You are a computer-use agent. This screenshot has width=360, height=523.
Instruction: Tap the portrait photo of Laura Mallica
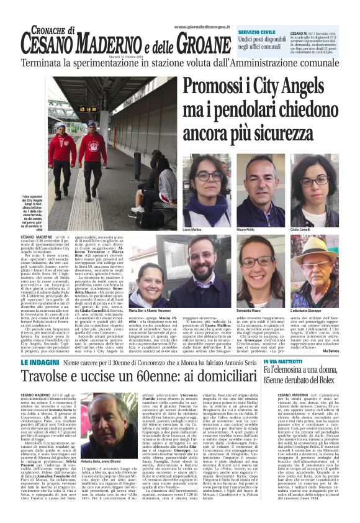[207, 191]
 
